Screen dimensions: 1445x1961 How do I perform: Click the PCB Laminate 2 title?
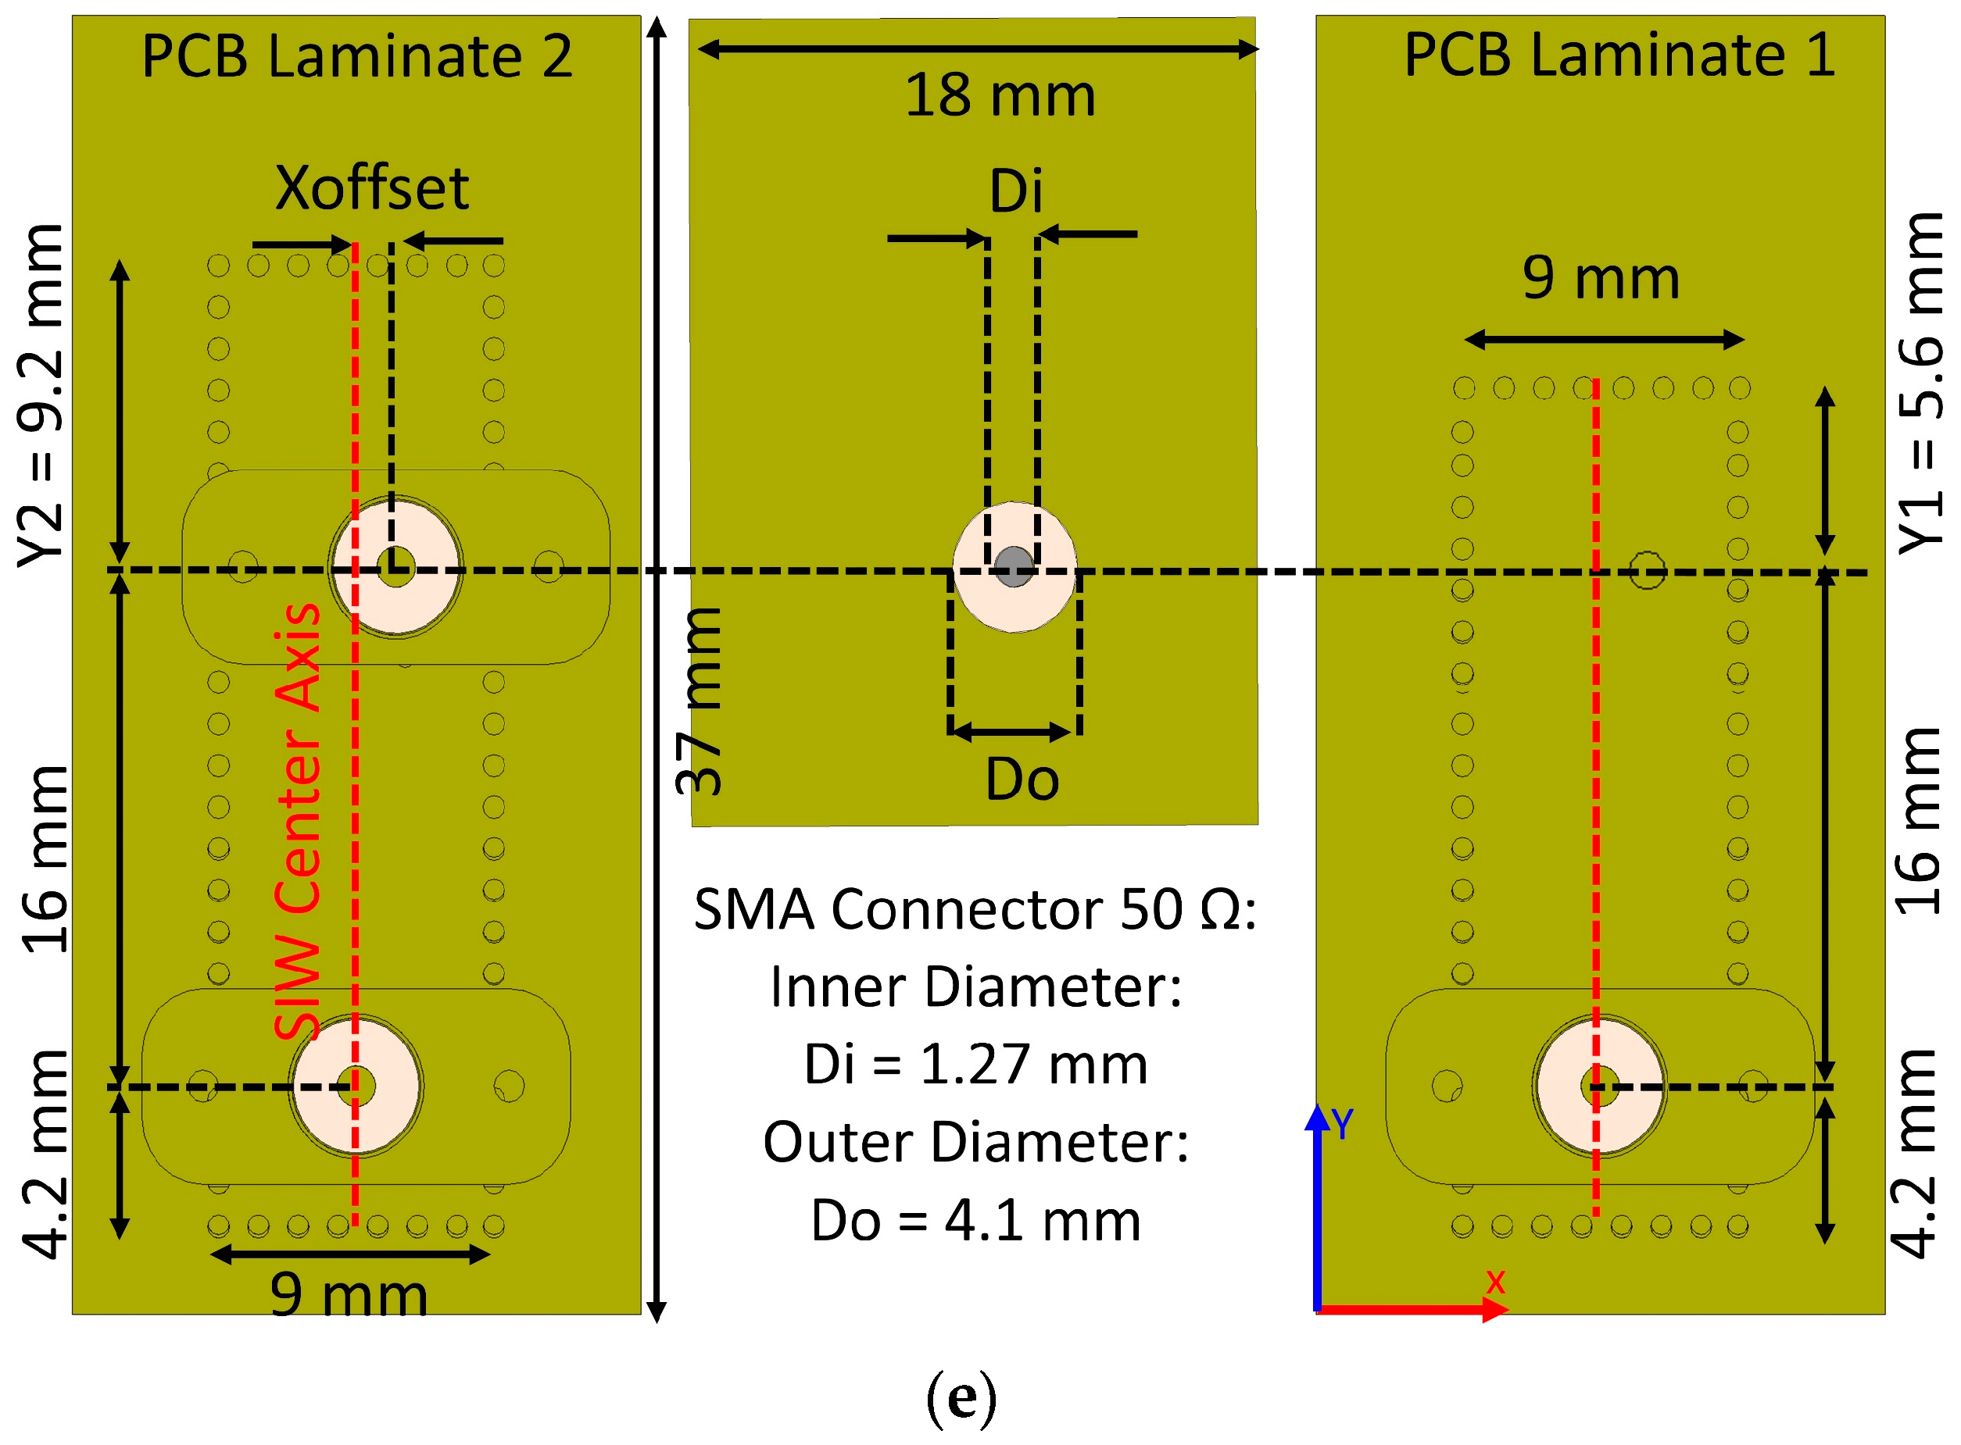coord(357,57)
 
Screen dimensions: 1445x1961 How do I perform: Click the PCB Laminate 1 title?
coord(1619,55)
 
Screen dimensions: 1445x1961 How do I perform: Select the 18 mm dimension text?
coord(1000,95)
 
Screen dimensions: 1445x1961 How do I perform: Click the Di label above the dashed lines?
coord(1016,191)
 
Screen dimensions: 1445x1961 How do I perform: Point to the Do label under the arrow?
coord(1022,780)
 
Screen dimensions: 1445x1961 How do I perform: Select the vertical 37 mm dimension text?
coord(700,701)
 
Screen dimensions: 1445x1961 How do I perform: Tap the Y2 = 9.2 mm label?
coord(42,395)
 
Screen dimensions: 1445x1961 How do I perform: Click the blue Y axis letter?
coord(1341,1124)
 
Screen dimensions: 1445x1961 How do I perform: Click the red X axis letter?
coord(1495,1283)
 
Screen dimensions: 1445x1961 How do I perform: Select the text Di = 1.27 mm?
coord(975,1065)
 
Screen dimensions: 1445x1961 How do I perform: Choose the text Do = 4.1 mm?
coord(975,1221)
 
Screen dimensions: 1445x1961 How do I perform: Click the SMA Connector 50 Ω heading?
coord(975,910)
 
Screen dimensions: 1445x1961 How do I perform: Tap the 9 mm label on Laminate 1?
coord(1601,278)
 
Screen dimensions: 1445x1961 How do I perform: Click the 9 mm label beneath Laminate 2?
coord(349,1296)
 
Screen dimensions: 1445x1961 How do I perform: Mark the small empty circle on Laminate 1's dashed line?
coord(1647,570)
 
